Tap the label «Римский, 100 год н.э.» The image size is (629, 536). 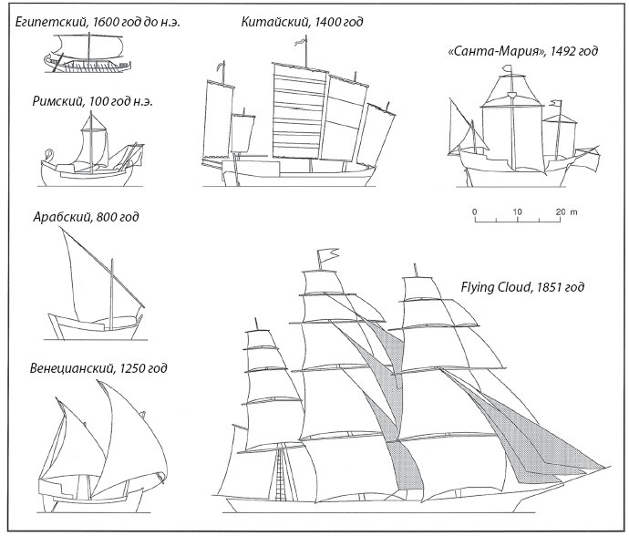pyautogui.click(x=90, y=101)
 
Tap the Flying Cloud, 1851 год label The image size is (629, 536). pyautogui.click(x=522, y=288)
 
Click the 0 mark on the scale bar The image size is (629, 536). pyautogui.click(x=475, y=211)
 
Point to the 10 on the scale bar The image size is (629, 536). pyautogui.click(x=517, y=211)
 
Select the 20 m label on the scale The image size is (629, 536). pyautogui.click(x=567, y=211)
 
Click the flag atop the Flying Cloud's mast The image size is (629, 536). pyautogui.click(x=324, y=257)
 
